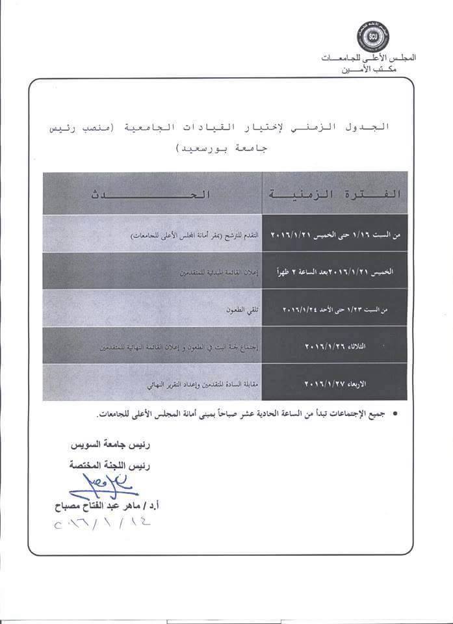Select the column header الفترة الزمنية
(335, 194)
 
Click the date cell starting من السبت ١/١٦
(335, 233)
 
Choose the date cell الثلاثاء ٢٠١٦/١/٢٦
(337, 347)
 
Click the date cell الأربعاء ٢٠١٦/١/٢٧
(337, 385)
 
